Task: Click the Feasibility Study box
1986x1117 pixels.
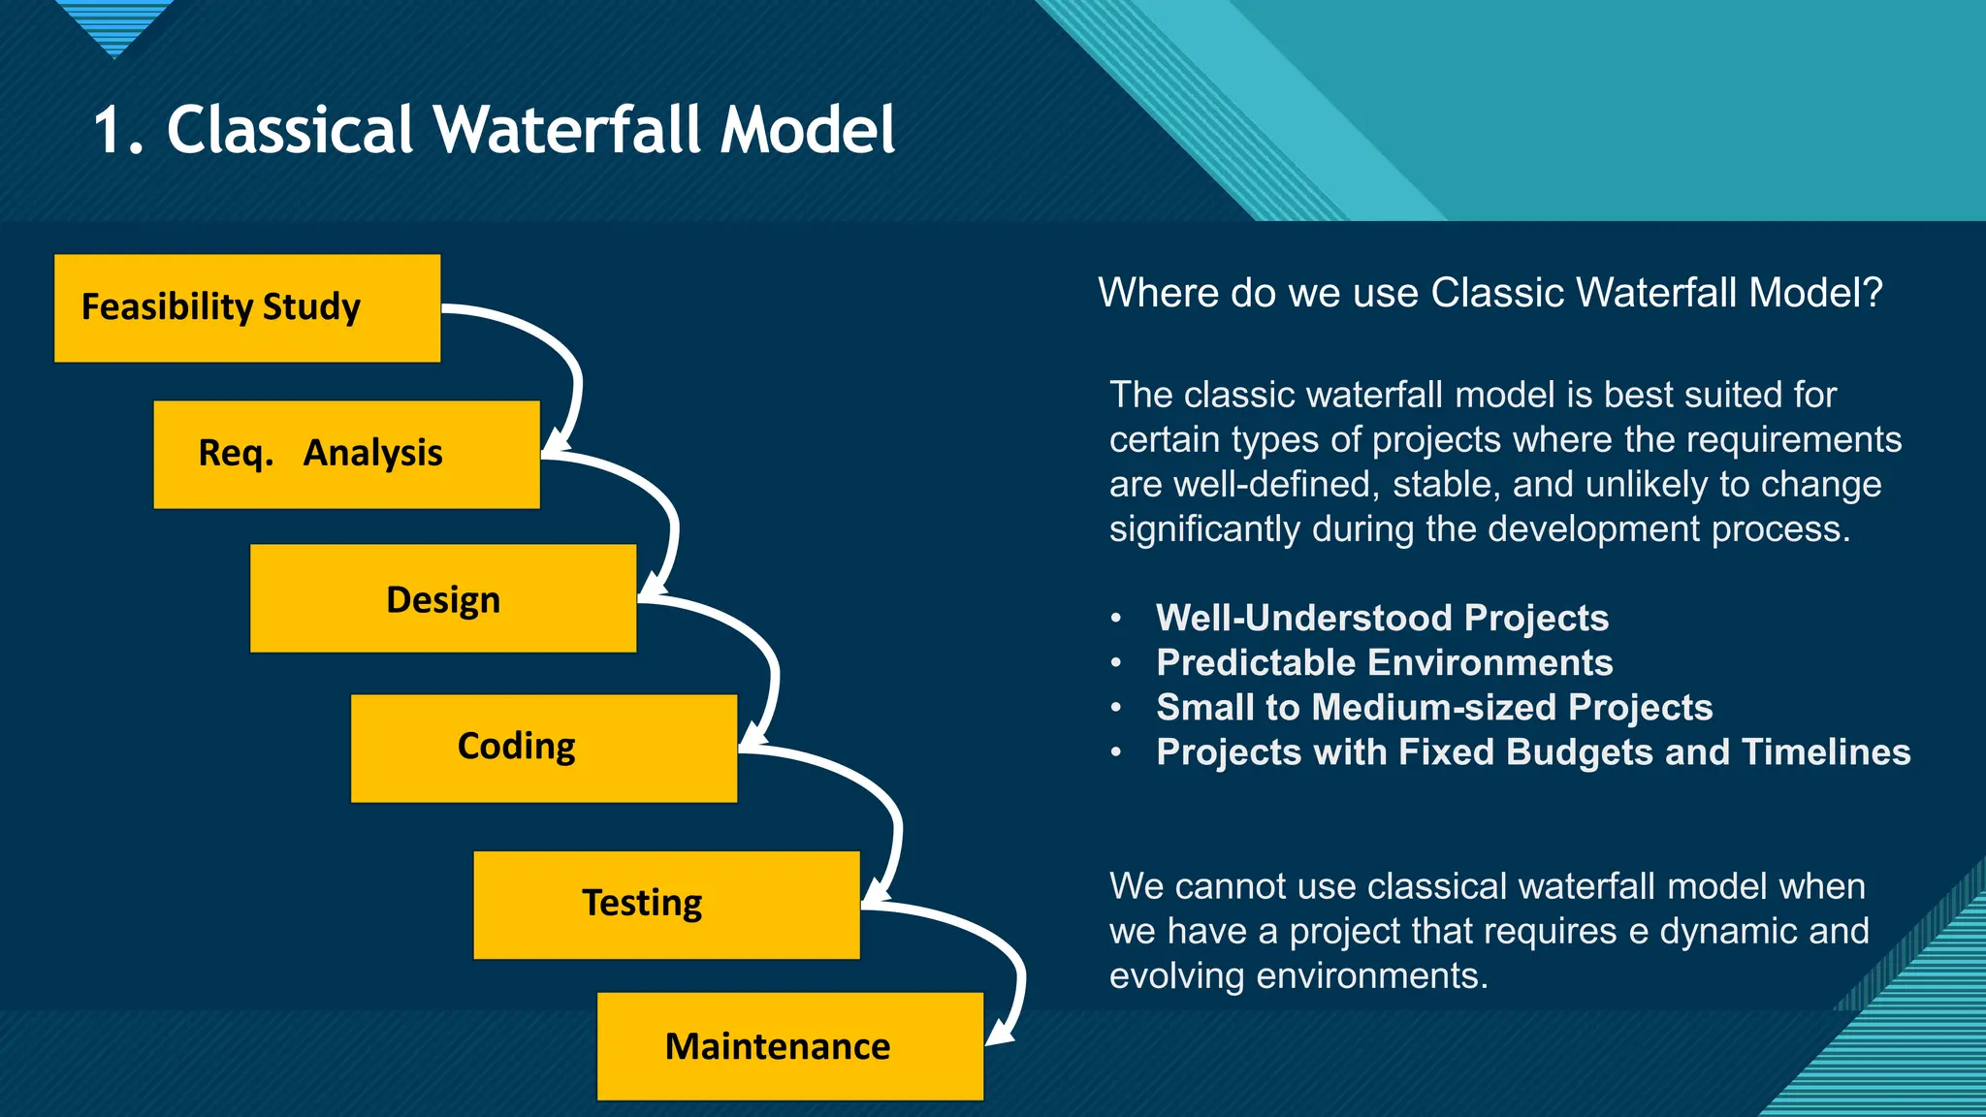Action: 247,308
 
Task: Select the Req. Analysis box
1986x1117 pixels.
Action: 346,454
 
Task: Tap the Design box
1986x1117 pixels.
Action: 443,598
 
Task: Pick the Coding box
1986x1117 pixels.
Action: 543,748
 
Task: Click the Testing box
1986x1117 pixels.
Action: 666,905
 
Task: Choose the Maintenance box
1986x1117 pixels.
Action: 789,1045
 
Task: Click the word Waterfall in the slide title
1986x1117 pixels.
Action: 568,130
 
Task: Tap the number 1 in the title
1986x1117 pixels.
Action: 109,130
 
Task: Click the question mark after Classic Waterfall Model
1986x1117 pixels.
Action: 1871,293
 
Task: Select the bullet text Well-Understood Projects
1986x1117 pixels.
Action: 1382,618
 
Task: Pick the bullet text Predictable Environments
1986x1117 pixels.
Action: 1384,662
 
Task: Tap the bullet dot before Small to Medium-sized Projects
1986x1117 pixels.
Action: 1116,708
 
